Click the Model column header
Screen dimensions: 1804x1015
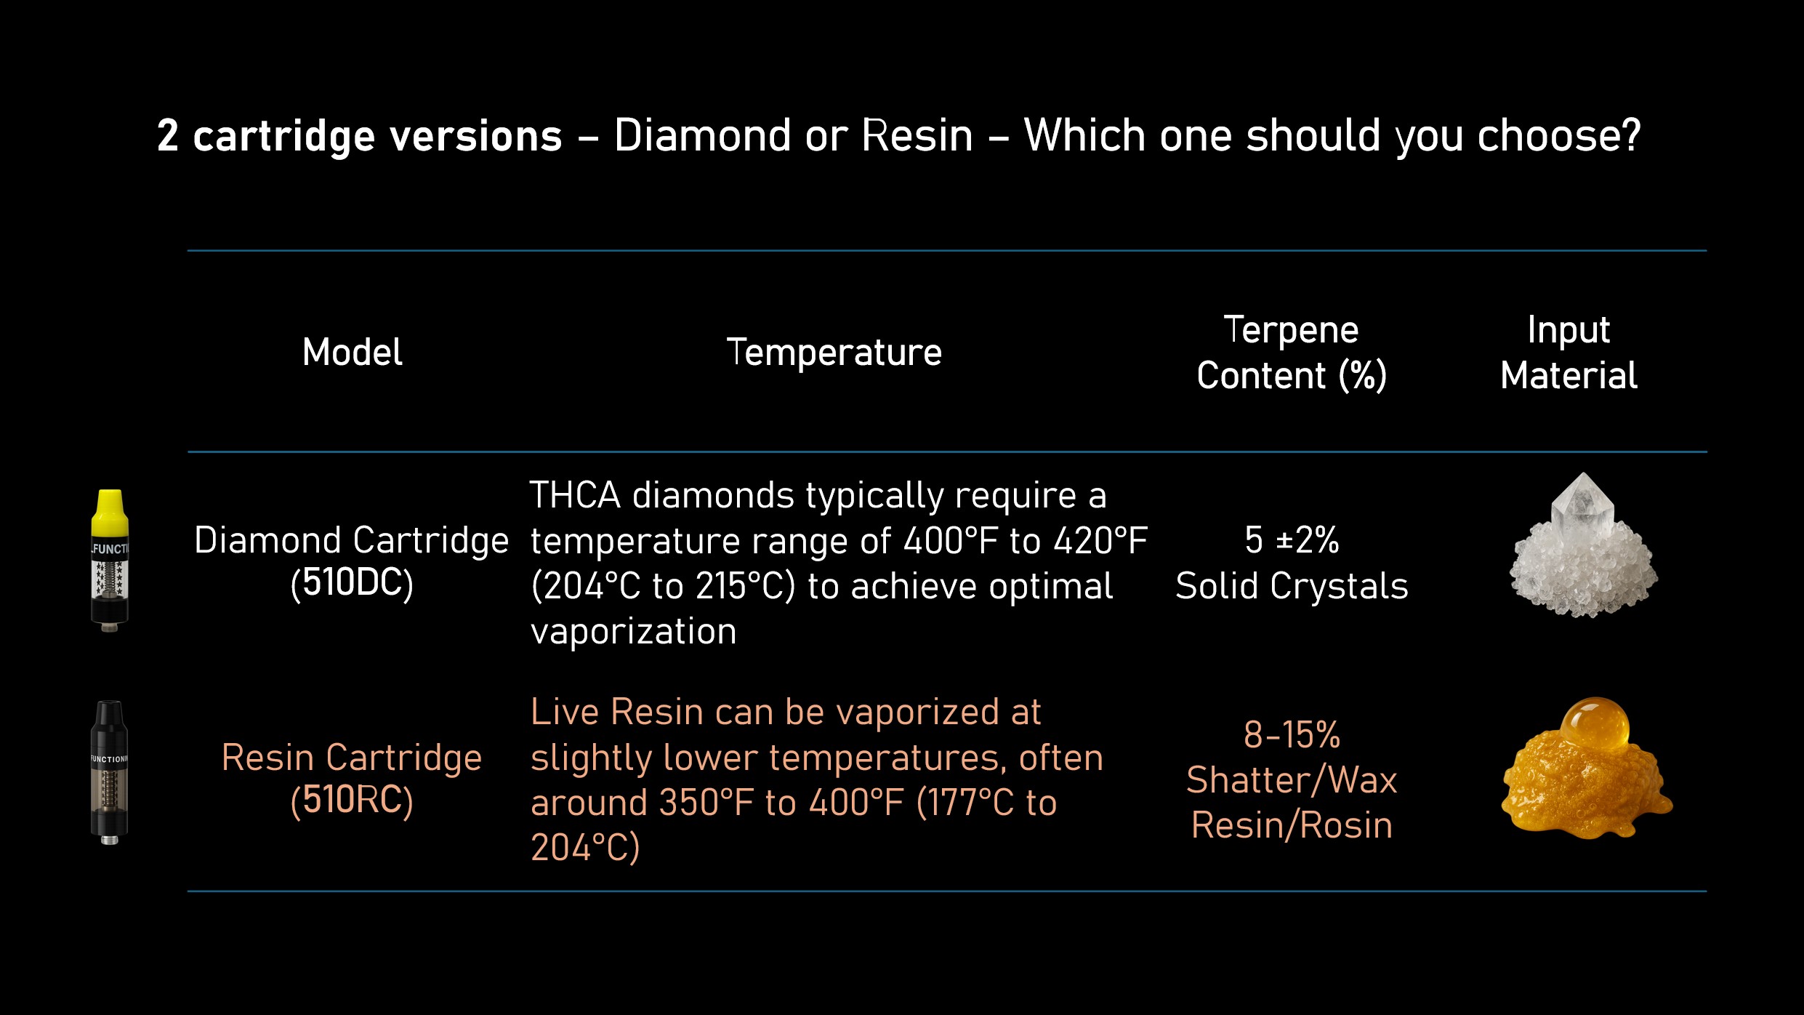click(x=352, y=353)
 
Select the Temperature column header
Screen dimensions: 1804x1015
click(x=834, y=353)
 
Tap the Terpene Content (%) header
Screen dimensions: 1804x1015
click(x=1292, y=353)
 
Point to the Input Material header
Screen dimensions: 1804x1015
click(x=1569, y=353)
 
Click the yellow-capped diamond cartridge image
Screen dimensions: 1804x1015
click(x=110, y=561)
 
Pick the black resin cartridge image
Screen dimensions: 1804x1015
click(x=109, y=772)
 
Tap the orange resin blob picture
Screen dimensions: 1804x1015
click(x=1587, y=768)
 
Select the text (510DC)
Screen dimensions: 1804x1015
click(x=352, y=583)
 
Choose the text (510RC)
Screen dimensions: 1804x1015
click(x=352, y=800)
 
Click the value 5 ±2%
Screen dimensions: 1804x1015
click(x=1292, y=540)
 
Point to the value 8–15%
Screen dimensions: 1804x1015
click(x=1292, y=735)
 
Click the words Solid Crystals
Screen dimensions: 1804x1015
click(x=1292, y=586)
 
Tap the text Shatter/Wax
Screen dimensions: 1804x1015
click(x=1292, y=780)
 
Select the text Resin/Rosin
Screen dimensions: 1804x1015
click(x=1292, y=825)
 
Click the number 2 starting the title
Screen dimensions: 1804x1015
click(x=167, y=135)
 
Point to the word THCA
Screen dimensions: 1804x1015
click(x=575, y=496)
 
